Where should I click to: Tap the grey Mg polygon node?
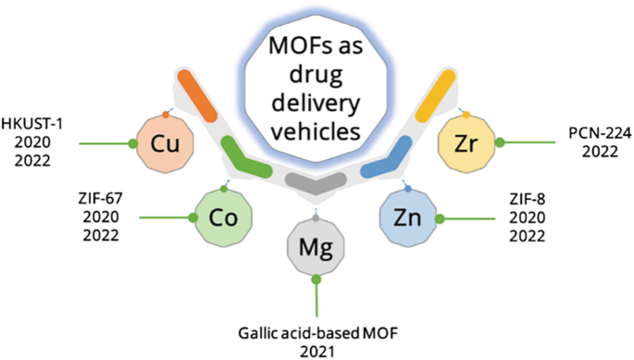coord(317,246)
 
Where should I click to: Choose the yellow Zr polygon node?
coord(467,143)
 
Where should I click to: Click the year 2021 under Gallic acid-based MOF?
coord(317,350)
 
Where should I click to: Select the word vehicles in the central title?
coord(317,130)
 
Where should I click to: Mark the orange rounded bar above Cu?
coord(195,93)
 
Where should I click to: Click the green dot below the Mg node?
coord(317,279)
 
